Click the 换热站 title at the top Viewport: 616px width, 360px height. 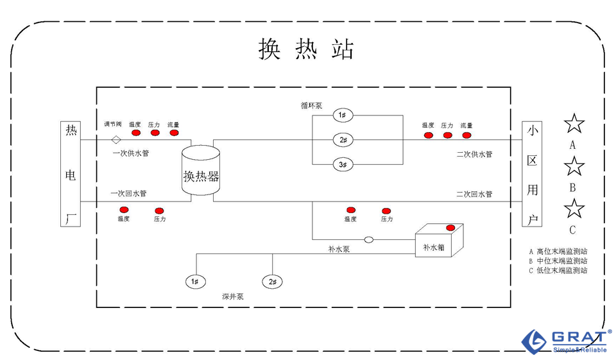click(307, 49)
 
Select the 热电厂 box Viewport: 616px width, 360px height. click(71, 175)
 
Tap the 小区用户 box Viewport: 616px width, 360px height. click(531, 175)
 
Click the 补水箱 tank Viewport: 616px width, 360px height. click(438, 242)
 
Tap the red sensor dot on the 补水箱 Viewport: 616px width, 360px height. click(450, 228)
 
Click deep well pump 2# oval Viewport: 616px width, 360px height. click(272, 281)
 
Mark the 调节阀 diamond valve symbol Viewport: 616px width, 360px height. click(116, 139)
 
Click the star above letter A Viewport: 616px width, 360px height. click(574, 124)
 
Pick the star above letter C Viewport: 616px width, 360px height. click(574, 209)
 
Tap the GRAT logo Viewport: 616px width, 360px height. click(565, 340)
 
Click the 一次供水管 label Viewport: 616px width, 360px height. click(130, 154)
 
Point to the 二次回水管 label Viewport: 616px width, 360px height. click(474, 194)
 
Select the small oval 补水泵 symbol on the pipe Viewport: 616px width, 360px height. click(369, 240)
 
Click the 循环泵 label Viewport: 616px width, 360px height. click(311, 105)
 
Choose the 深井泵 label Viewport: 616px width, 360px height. click(232, 297)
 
